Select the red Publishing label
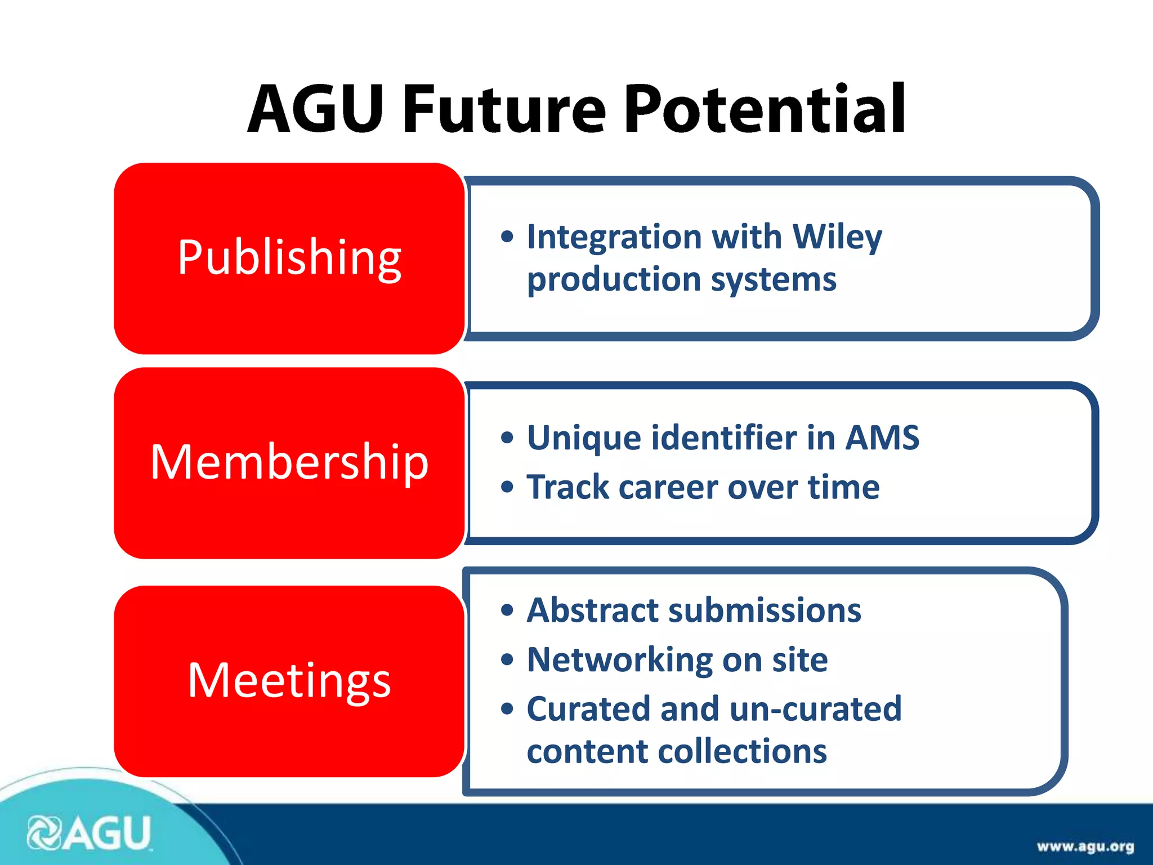pyautogui.click(x=289, y=258)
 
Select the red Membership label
pyautogui.click(x=289, y=462)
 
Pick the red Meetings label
pyautogui.click(x=289, y=681)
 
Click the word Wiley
pyautogui.click(x=837, y=237)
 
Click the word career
pyautogui.click(x=668, y=487)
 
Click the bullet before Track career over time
pyautogui.click(x=507, y=487)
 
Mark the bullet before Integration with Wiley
pyautogui.click(x=507, y=237)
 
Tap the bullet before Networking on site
pyautogui.click(x=507, y=659)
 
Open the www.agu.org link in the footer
pyautogui.click(x=1085, y=847)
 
